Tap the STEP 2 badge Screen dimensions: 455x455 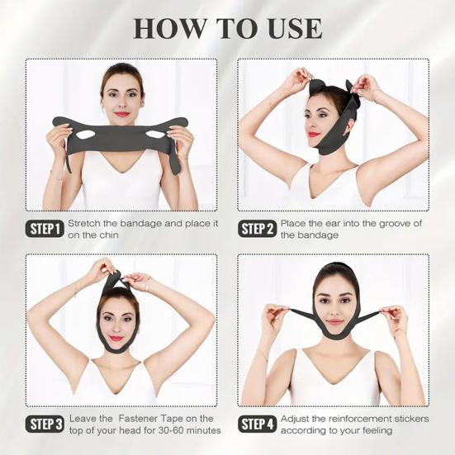(258, 229)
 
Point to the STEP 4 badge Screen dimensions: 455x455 (258, 424)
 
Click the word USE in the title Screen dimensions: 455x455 (283, 27)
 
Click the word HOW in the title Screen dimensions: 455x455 (169, 27)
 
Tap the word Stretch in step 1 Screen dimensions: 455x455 (85, 223)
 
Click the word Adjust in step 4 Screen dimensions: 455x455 (296, 419)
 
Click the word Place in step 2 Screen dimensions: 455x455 (294, 223)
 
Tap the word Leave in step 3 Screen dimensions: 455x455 (83, 419)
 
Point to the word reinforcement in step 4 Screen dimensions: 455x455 (354, 419)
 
